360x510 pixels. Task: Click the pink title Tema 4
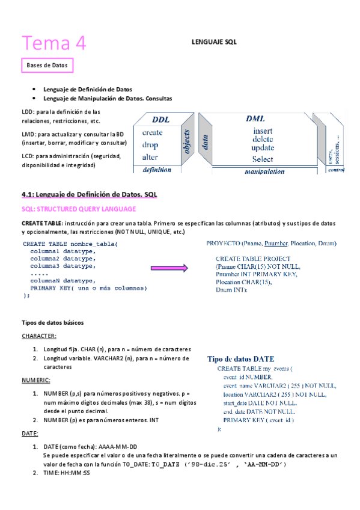pyautogui.click(x=55, y=43)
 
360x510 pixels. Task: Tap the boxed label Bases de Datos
pyautogui.click(x=47, y=64)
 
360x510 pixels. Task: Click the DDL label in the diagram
pyautogui.click(x=160, y=120)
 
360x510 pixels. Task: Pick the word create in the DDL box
pyautogui.click(x=152, y=132)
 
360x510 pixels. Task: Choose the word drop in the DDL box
pyautogui.click(x=150, y=145)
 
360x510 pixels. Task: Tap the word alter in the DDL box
pyautogui.click(x=150, y=157)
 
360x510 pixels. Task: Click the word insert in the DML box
pyautogui.click(x=263, y=131)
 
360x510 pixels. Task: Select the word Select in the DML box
pyautogui.click(x=263, y=159)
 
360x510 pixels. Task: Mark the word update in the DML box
pyautogui.click(x=263, y=148)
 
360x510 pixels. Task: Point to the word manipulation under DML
pyautogui.click(x=264, y=171)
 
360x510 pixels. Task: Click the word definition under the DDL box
pyautogui.click(x=156, y=170)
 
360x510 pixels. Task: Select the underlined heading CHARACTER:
pyautogui.click(x=39, y=336)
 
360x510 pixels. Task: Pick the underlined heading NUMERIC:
pyautogui.click(x=36, y=380)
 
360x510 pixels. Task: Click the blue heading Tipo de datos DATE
pyautogui.click(x=240, y=358)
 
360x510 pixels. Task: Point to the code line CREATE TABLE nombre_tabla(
pyautogui.click(x=71, y=244)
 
